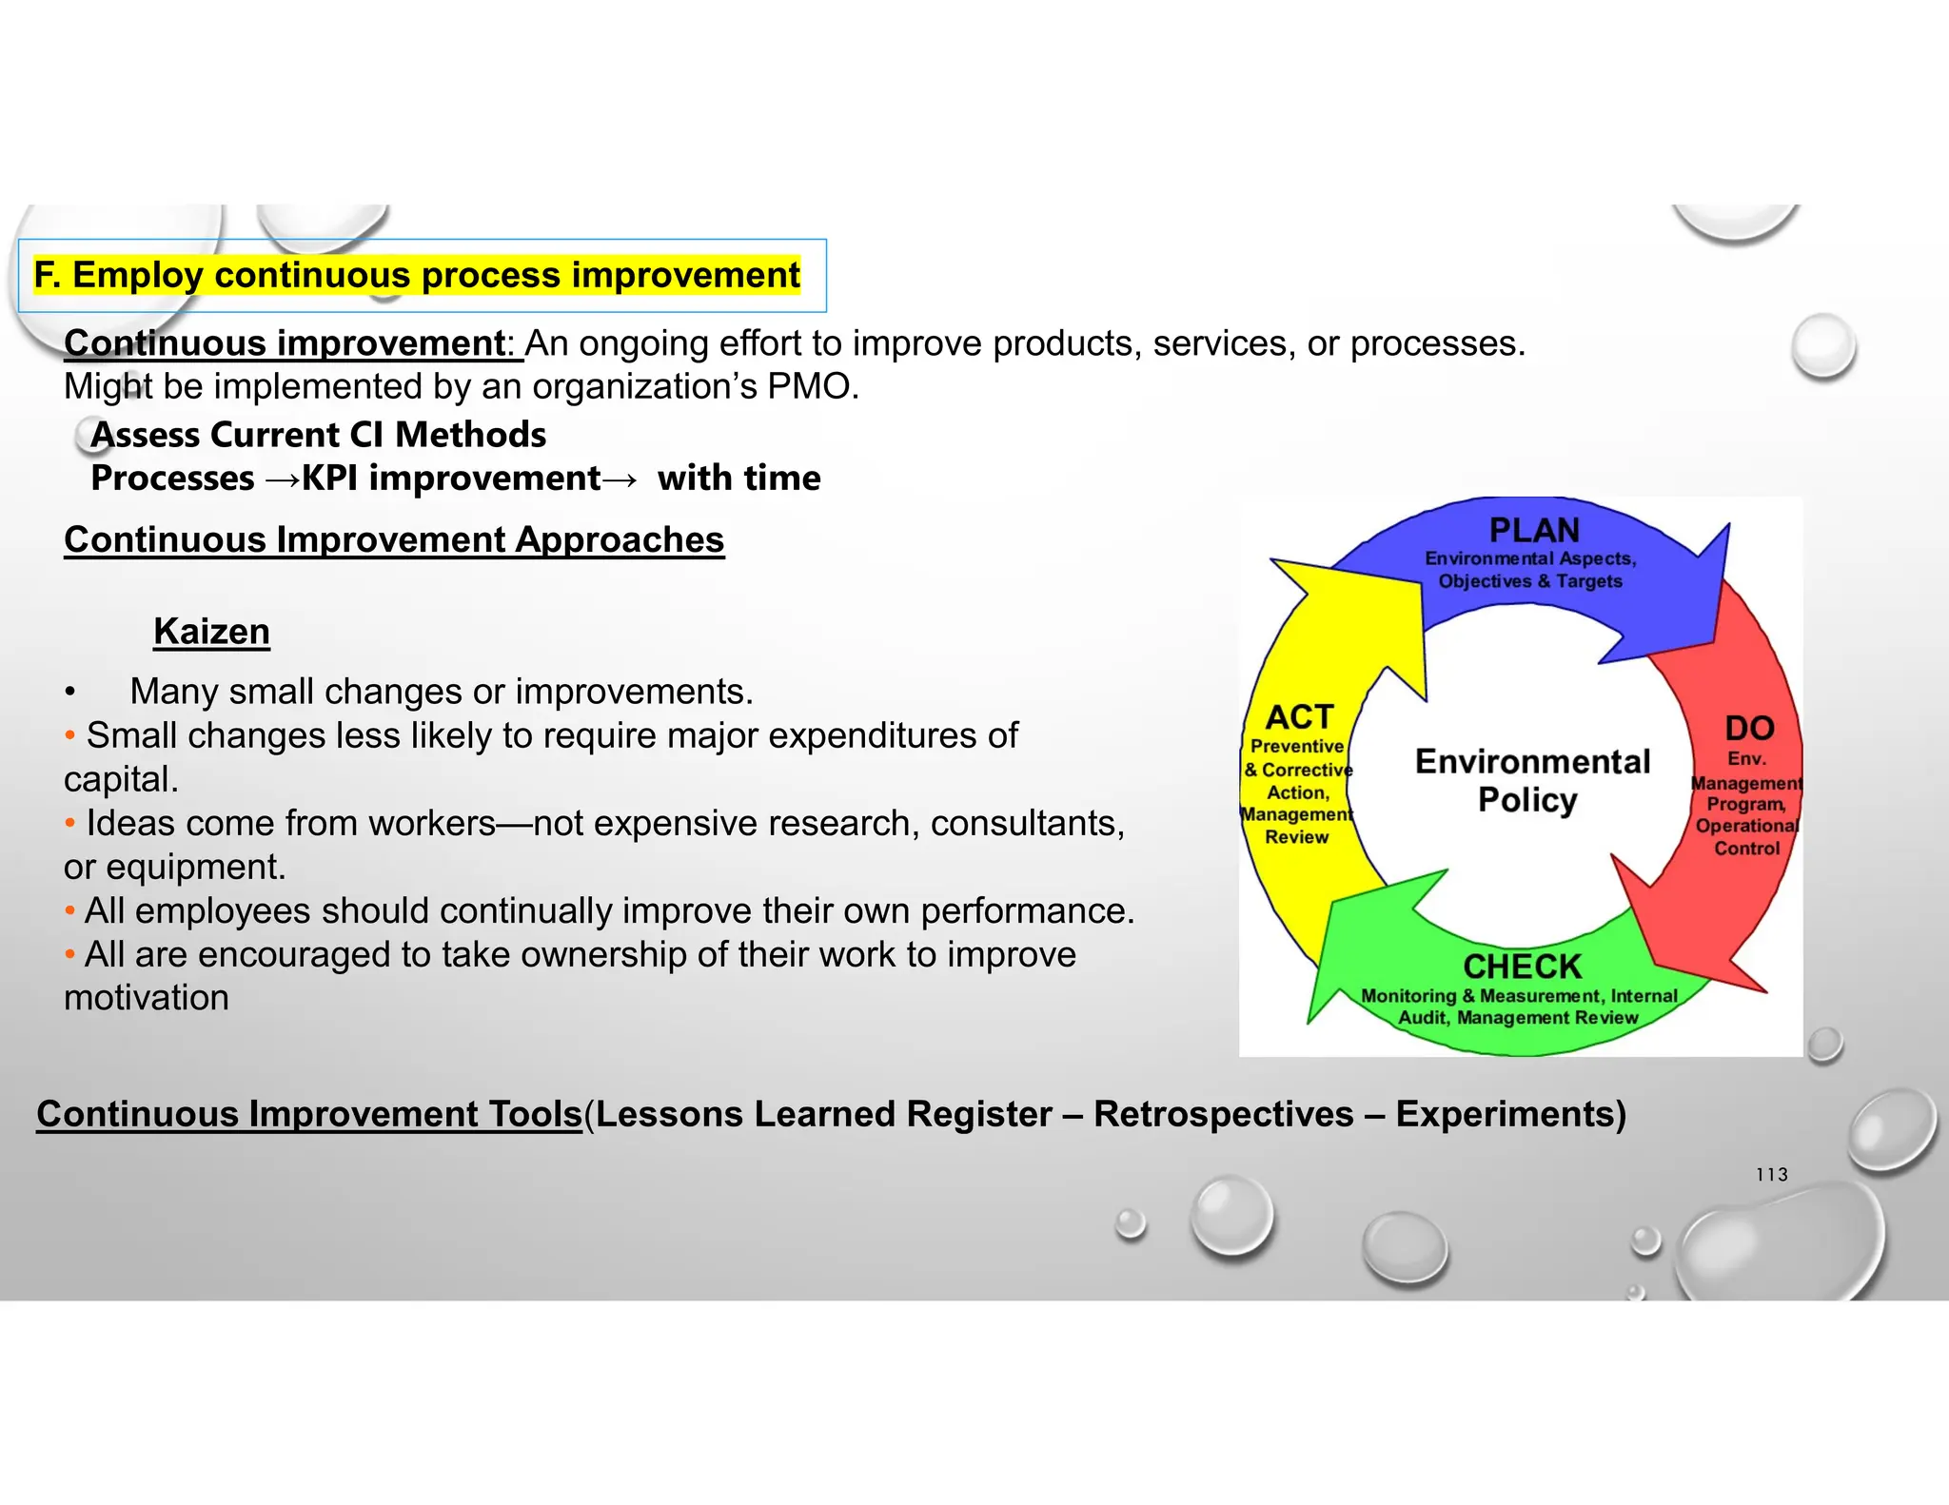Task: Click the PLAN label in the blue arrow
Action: click(1534, 530)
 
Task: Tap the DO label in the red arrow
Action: click(1749, 728)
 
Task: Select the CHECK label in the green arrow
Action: click(1522, 967)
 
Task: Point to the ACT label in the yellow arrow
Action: click(1299, 716)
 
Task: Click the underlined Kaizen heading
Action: click(211, 632)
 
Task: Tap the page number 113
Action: click(1771, 1175)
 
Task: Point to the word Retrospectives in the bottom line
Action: click(1223, 1114)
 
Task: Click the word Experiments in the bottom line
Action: click(1505, 1114)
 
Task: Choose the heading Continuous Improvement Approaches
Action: click(394, 539)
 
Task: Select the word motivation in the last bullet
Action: click(147, 998)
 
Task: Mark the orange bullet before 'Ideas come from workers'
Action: click(69, 823)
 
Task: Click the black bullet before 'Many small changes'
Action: click(69, 693)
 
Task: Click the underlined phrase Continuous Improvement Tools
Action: click(309, 1114)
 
